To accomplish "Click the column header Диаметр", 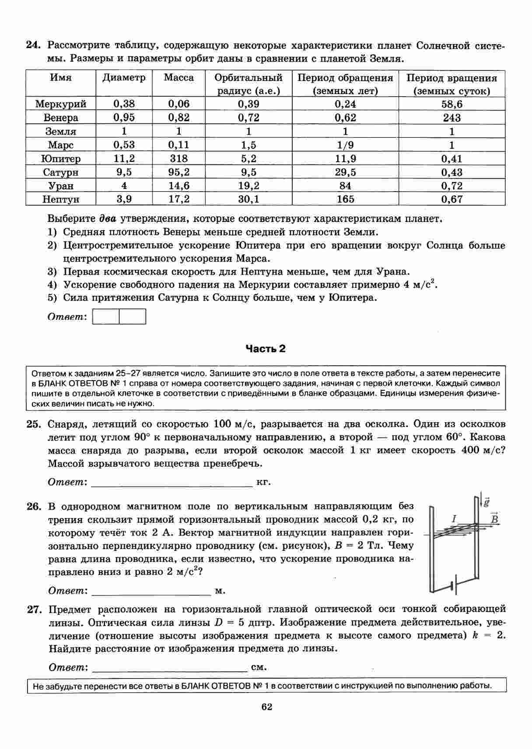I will click(124, 78).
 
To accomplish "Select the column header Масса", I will click(178, 78).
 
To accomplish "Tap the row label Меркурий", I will click(61, 104).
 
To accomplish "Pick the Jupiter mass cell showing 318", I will click(178, 158).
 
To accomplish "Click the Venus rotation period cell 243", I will click(451, 118).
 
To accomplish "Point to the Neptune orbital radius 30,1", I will click(248, 199).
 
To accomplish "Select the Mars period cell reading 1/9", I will click(345, 145).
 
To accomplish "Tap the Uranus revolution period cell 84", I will click(345, 186).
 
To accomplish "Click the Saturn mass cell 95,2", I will click(178, 172).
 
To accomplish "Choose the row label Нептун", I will click(61, 199).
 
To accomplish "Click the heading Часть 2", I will click(265, 349).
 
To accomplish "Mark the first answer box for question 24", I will click(106, 317).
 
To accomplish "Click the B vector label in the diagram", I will click(494, 519).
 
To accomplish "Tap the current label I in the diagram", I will click(454, 519).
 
